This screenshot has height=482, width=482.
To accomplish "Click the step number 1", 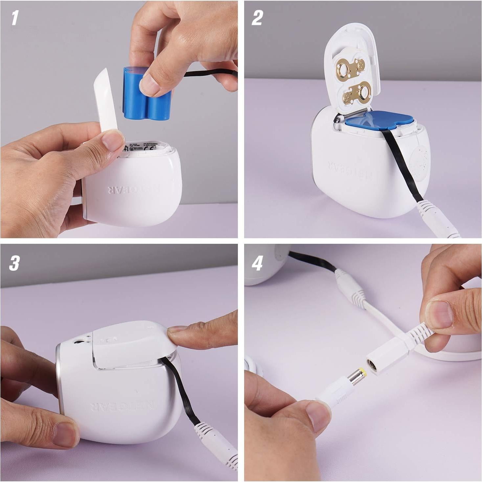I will pyautogui.click(x=15, y=18).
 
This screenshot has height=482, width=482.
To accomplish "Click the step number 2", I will pyautogui.click(x=257, y=18).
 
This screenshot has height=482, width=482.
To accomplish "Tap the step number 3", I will pyautogui.click(x=14, y=263).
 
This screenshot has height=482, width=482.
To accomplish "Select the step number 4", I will pyautogui.click(x=258, y=263).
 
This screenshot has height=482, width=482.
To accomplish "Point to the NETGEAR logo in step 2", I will pyautogui.click(x=350, y=170).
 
